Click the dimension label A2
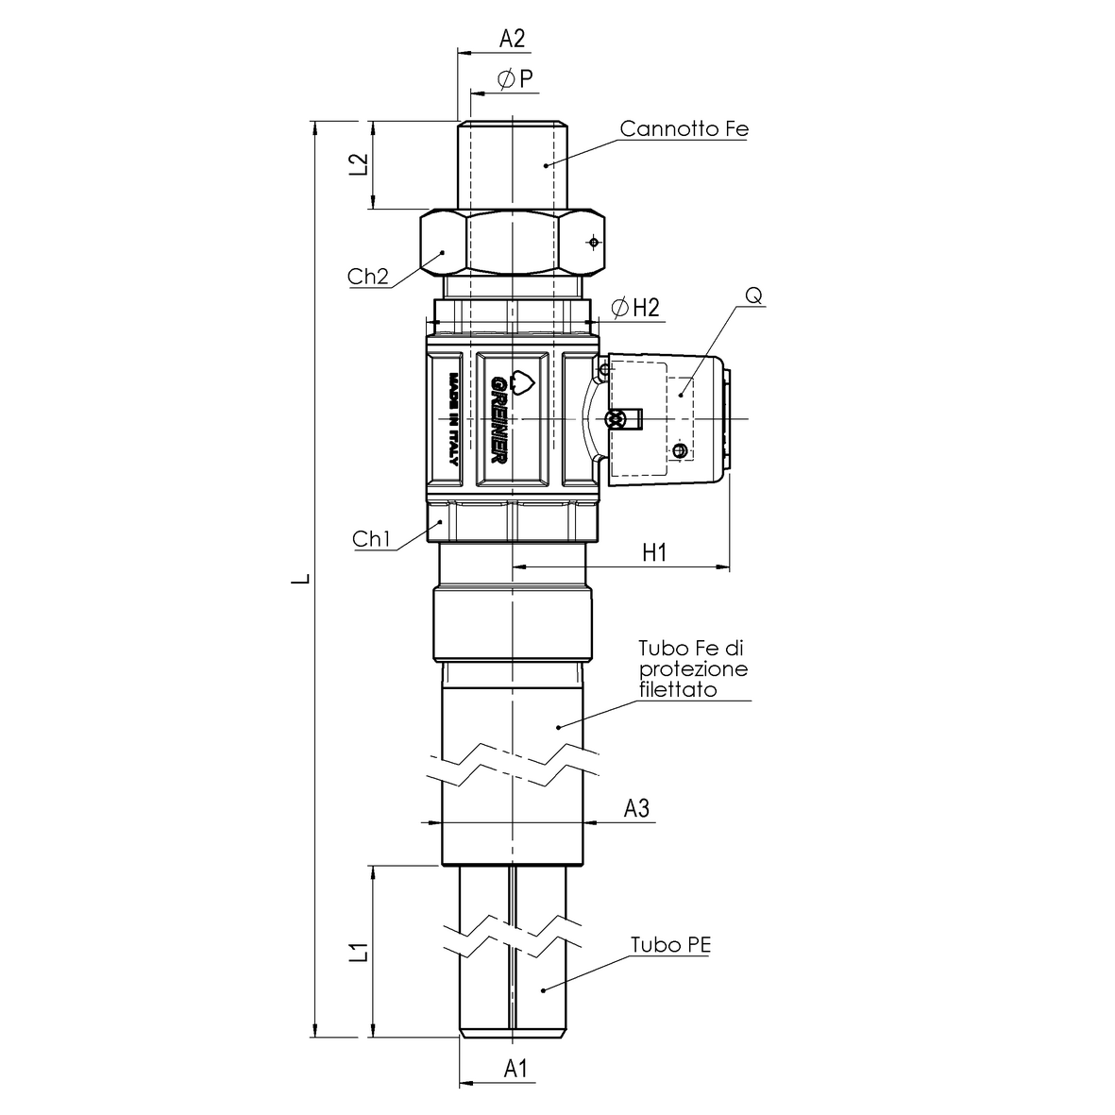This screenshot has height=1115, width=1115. [512, 39]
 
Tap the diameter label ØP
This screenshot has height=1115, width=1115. [515, 79]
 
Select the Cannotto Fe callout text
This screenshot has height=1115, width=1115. [684, 128]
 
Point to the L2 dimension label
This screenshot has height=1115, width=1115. [361, 165]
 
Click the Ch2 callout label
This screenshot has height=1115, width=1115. [367, 276]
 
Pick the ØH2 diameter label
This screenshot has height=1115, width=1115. [635, 308]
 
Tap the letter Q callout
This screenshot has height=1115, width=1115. [753, 296]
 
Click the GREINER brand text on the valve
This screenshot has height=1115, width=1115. [499, 420]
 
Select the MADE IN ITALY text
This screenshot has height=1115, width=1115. [453, 419]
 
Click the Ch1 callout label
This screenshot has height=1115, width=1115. [371, 539]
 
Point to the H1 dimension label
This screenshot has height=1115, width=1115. [654, 552]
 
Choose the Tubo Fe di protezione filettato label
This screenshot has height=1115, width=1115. [693, 669]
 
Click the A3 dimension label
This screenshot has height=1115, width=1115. [636, 808]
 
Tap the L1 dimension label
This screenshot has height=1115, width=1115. [361, 952]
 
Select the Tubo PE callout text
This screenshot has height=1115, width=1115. [670, 945]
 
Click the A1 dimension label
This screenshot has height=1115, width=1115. [516, 1068]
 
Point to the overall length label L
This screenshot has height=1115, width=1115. [303, 578]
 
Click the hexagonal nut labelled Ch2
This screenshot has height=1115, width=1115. [513, 242]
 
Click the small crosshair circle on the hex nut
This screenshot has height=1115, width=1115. [594, 243]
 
